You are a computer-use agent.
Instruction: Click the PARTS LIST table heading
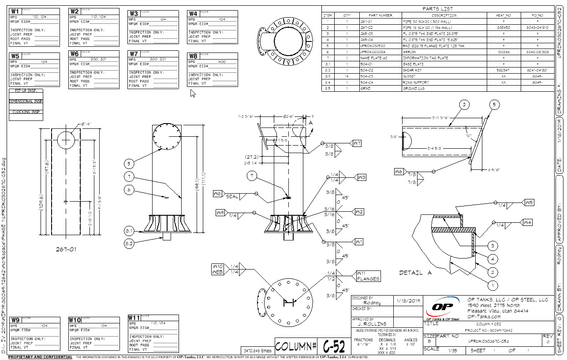[x=437, y=9]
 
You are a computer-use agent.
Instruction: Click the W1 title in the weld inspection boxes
[x=15, y=11]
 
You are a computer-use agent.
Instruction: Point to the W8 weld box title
[x=193, y=56]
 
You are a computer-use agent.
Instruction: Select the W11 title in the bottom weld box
[x=134, y=318]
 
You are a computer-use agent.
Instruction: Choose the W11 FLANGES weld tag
[x=368, y=276]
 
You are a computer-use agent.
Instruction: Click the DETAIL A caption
[x=416, y=273]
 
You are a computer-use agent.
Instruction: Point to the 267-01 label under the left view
[x=66, y=249]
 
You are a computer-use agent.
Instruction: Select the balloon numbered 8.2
[x=129, y=243]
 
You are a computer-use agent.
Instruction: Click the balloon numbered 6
[x=129, y=190]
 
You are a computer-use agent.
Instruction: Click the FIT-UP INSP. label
[x=26, y=91]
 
